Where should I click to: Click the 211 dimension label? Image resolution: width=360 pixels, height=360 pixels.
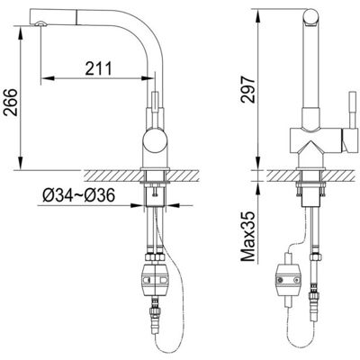pyautogui.click(x=98, y=68)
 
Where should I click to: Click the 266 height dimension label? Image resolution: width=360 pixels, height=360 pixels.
pyautogui.click(x=11, y=103)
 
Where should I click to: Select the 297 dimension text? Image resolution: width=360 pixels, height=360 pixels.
pyautogui.click(x=247, y=90)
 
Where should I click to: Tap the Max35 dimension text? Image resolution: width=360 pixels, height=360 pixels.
pyautogui.click(x=248, y=236)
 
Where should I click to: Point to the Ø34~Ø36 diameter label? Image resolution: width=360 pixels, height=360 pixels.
pyautogui.click(x=78, y=196)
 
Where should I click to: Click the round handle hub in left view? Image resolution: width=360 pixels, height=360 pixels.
pyautogui.click(x=155, y=140)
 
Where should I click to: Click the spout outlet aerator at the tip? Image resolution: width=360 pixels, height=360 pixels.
pyautogui.click(x=40, y=24)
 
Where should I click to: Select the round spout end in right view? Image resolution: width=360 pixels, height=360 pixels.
pyautogui.click(x=310, y=16)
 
